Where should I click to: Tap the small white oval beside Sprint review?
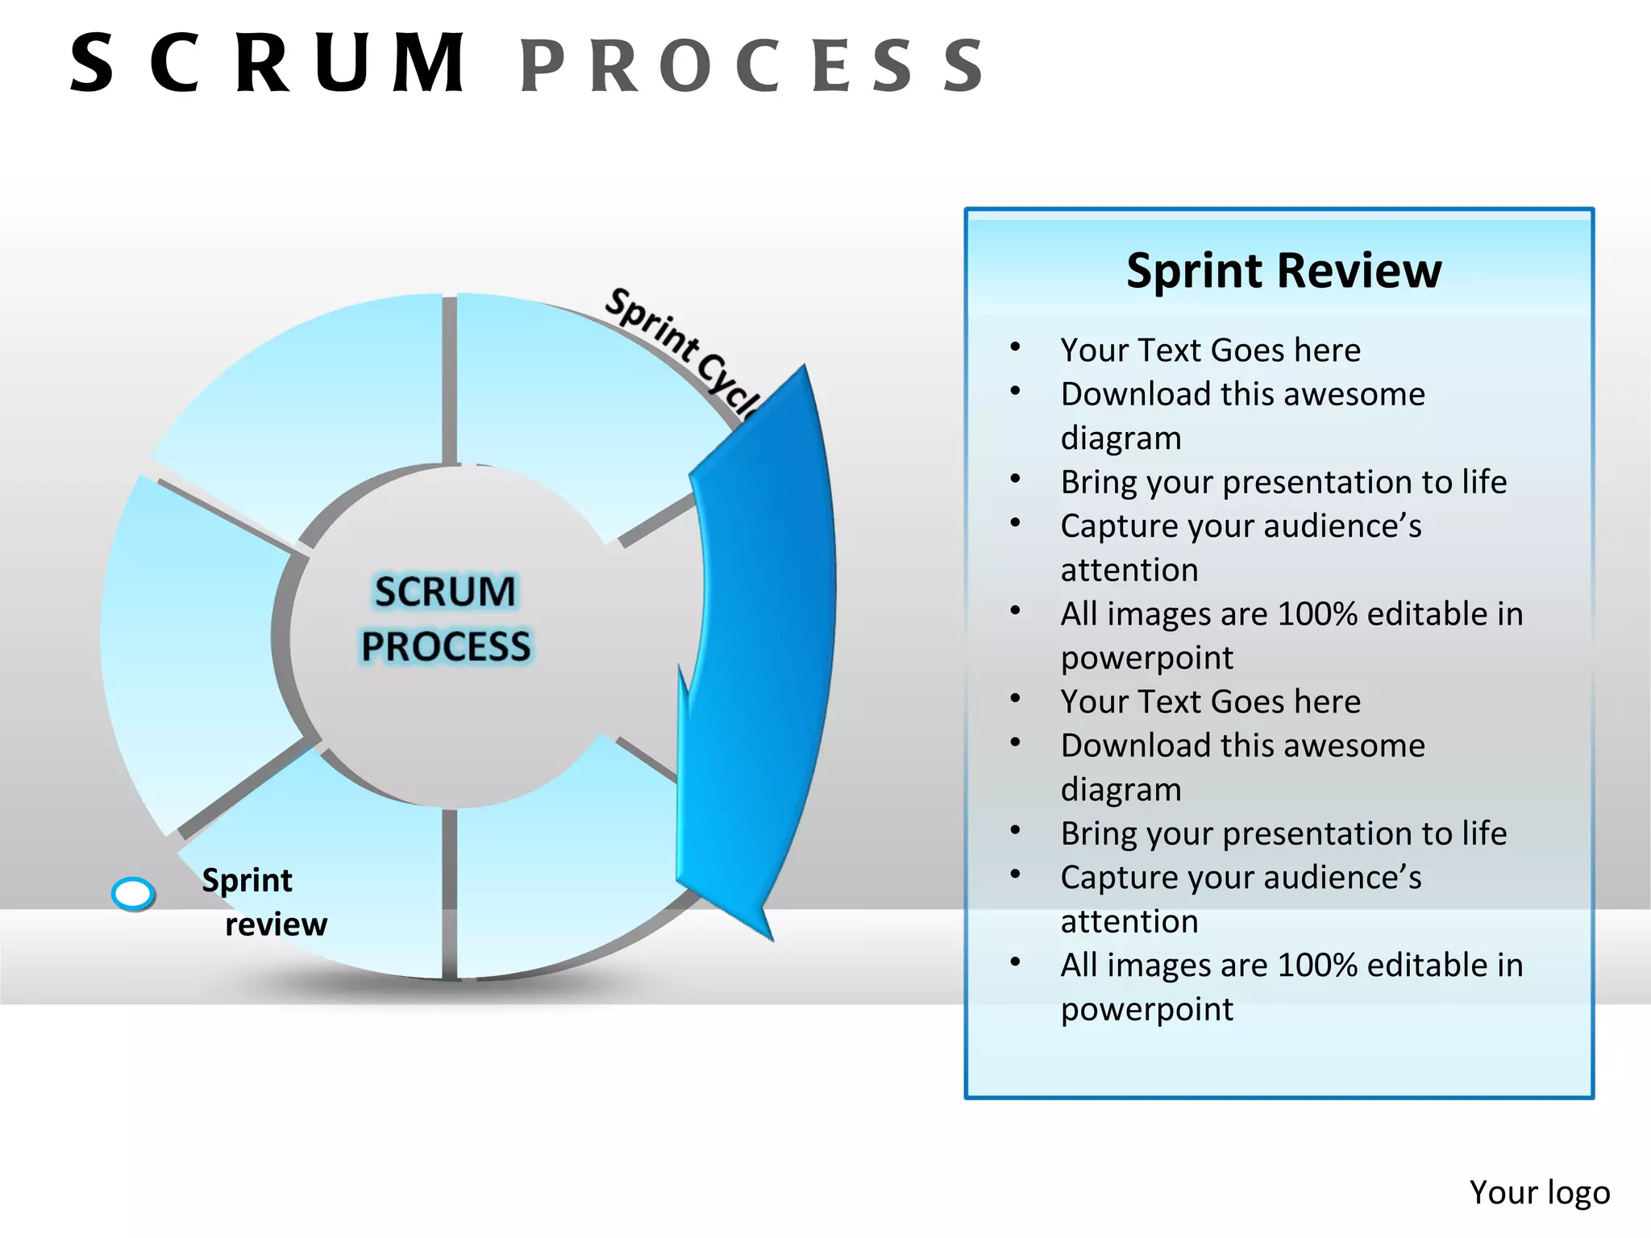(133, 893)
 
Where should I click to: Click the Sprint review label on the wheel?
(262, 901)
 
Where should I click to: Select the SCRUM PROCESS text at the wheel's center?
(445, 618)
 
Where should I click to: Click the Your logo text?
(1539, 1192)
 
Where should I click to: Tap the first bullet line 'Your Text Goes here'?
(1210, 351)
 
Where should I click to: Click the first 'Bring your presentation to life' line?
(1283, 482)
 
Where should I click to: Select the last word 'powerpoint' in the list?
(1146, 1009)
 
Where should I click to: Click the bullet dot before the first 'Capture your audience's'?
(1016, 523)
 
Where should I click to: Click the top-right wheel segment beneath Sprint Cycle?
(564, 403)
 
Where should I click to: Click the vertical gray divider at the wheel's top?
(450, 379)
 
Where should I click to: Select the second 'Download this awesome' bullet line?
(1242, 746)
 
